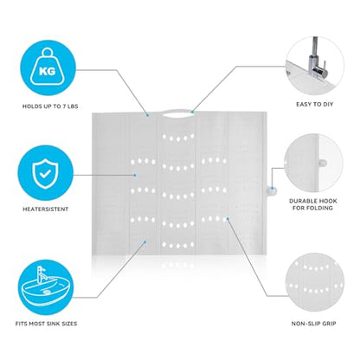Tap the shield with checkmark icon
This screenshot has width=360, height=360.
click(45, 174)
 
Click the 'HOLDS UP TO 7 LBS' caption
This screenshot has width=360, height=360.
click(50, 106)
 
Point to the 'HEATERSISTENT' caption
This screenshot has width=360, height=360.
click(46, 209)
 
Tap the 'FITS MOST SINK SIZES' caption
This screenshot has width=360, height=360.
click(46, 324)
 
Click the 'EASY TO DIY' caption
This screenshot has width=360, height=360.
click(314, 104)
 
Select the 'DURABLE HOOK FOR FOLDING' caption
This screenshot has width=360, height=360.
click(313, 204)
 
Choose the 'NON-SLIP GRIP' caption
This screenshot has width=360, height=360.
click(313, 324)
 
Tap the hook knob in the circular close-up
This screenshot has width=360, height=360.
click(323, 164)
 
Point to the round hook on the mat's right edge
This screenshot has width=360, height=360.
click(271, 190)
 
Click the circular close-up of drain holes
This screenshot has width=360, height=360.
click(315, 282)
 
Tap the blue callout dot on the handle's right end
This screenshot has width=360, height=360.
click(192, 112)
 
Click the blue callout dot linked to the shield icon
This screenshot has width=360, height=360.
click(135, 175)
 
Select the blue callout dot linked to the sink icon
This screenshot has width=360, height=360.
click(145, 242)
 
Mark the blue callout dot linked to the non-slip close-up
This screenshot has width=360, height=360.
click(228, 219)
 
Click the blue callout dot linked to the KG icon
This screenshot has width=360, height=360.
click(148, 116)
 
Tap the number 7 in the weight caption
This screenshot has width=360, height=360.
click(64, 106)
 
